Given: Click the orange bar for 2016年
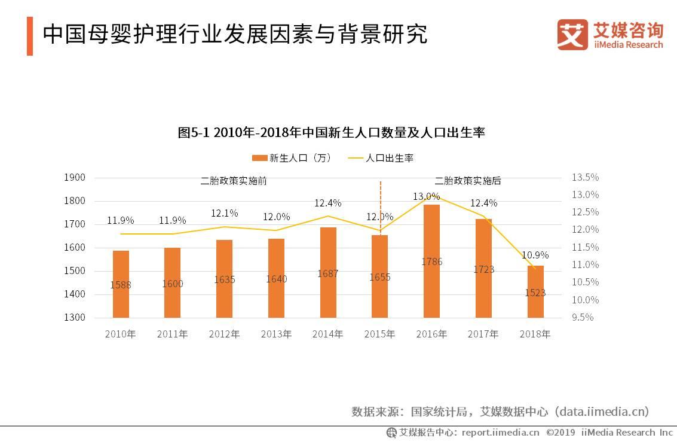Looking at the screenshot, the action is tap(431, 261).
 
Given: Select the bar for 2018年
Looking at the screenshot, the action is tap(535, 292).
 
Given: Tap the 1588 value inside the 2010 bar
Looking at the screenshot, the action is tap(121, 285).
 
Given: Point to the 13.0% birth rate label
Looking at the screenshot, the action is tap(426, 197).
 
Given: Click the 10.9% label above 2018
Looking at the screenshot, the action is tap(535, 255).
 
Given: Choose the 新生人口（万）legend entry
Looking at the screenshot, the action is tap(292, 158).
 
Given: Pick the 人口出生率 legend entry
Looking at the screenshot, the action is tap(381, 158).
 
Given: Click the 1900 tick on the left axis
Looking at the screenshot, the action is tap(75, 177).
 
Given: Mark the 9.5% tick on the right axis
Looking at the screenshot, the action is tap(583, 317).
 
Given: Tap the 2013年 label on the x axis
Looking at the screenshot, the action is tap(276, 334).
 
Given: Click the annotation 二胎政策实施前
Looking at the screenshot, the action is tap(234, 181).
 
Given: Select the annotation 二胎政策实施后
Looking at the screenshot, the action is tap(468, 181).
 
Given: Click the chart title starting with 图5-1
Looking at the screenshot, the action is tap(331, 132).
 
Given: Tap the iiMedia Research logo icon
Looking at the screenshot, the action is tap(572, 35).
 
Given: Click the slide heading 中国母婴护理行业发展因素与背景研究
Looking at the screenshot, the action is tap(235, 34).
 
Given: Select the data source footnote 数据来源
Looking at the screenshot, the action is tap(500, 411).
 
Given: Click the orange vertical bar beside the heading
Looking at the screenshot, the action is tap(30, 36).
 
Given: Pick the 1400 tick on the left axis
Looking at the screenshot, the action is tap(75, 294).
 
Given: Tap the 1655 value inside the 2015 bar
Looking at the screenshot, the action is tap(380, 277).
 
